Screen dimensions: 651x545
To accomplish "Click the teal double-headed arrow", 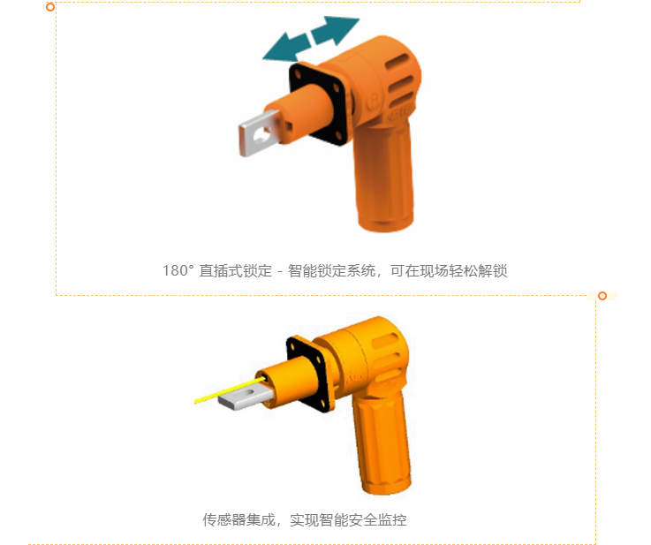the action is [311, 39].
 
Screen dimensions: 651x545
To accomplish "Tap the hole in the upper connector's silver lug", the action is [261, 135].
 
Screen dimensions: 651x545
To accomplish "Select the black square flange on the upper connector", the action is [319, 103].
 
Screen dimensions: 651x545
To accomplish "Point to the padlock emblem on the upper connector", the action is [375, 101].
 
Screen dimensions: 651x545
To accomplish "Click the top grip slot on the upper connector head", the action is [399, 62].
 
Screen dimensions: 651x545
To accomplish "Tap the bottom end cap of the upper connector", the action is [386, 221].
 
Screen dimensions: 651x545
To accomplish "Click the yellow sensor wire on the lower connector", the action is [230, 390].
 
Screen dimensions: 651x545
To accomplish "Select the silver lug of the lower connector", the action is [245, 396].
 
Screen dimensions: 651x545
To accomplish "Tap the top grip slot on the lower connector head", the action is [386, 341].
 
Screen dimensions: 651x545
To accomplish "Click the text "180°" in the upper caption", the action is [178, 270].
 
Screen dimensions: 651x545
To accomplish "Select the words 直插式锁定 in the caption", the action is [236, 270].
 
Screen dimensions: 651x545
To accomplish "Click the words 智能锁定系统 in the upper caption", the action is [332, 270].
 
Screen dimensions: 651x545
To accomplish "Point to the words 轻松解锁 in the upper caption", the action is [478, 270].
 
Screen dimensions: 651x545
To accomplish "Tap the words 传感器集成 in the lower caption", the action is [239, 519].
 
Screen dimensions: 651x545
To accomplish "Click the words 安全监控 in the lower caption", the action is [377, 519].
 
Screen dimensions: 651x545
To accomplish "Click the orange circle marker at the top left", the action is [50, 7].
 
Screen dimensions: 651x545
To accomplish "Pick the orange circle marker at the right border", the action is [602, 296].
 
